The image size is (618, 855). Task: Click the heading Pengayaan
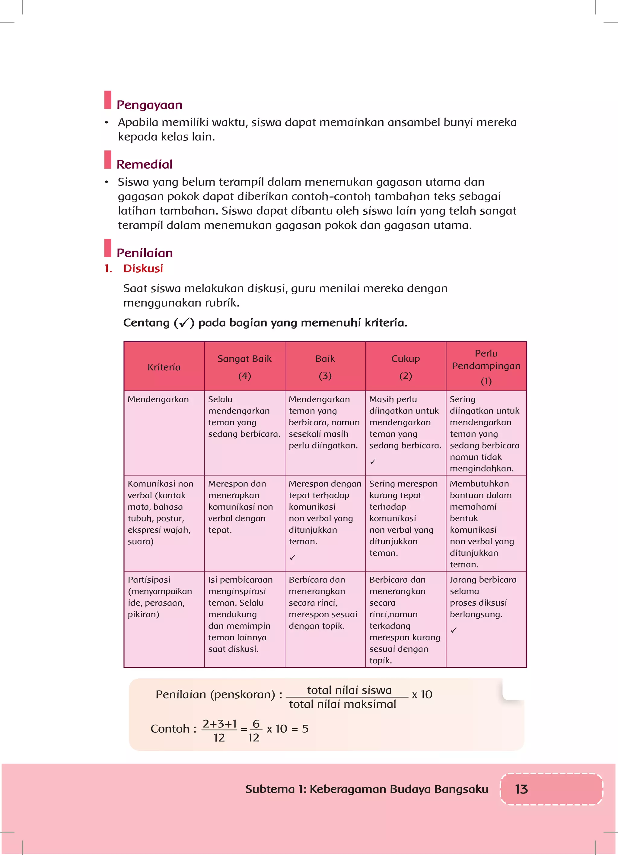coord(149,105)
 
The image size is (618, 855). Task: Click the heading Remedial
coord(144,164)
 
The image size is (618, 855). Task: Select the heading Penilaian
coord(145,253)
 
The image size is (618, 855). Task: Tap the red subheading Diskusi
coord(143,268)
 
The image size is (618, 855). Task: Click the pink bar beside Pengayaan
coord(108,100)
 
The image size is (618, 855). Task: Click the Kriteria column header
coord(164,367)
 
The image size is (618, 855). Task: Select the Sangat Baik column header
coord(244,366)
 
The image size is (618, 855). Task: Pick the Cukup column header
coord(406,366)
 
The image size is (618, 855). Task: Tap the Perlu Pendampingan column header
coord(486,366)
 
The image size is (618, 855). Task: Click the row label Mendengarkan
coord(158,399)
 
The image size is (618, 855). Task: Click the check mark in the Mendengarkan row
coord(373,461)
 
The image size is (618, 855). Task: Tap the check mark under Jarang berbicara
coord(454,630)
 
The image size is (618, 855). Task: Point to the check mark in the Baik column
coord(292,557)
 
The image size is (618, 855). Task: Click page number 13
coord(521,789)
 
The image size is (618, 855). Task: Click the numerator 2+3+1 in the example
coord(220,724)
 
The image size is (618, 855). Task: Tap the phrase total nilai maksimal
coord(342,704)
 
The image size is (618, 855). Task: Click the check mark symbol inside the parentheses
coord(184,323)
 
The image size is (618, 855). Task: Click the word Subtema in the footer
coord(269,789)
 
